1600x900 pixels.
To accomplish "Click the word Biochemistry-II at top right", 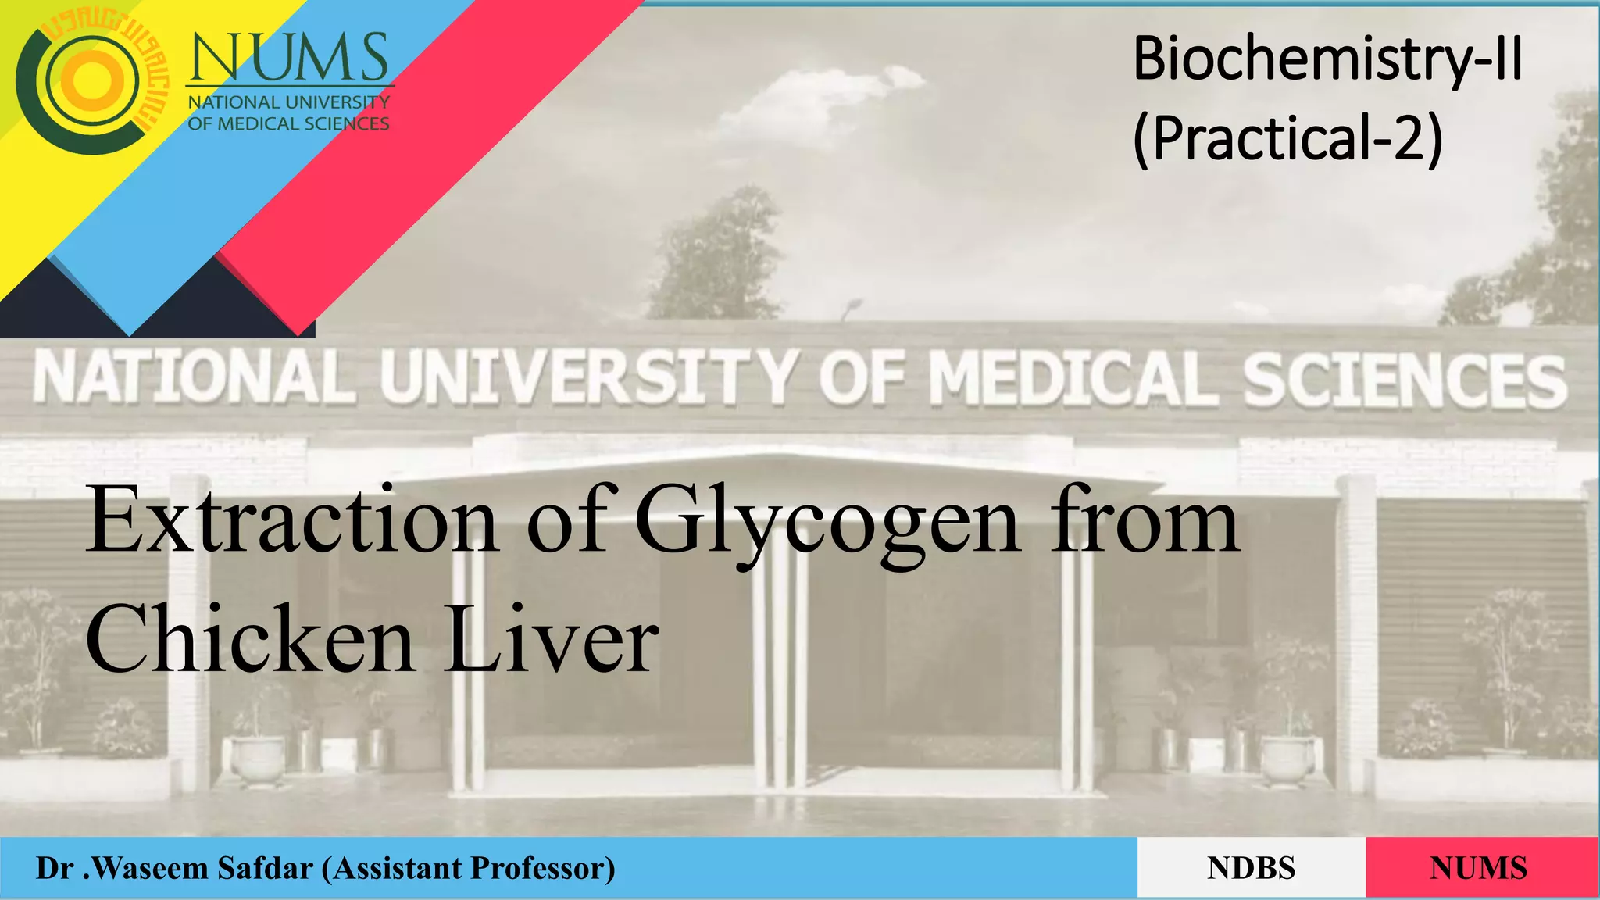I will coord(1327,59).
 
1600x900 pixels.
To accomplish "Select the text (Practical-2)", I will coord(1287,138).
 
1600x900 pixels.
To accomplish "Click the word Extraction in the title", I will coord(291,520).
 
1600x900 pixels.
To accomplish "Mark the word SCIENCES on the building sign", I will coord(1405,381).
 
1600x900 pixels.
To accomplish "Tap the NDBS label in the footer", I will coord(1251,868).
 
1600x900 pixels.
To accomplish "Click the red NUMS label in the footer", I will coord(1478,868).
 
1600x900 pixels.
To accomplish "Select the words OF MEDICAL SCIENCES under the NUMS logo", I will coord(288,123).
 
